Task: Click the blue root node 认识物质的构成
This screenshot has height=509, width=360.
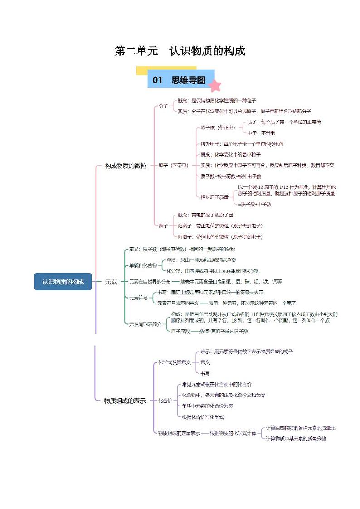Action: click(63, 282)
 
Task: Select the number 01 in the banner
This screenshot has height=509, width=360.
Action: click(157, 80)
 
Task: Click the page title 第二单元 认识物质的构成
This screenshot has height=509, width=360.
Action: click(180, 51)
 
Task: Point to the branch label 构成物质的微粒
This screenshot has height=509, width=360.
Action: click(126, 166)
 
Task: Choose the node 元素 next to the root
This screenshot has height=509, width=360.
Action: click(111, 282)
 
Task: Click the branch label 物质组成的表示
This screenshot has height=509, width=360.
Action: click(125, 401)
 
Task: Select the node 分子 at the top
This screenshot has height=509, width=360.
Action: click(163, 106)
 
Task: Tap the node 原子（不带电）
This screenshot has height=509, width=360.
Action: click(173, 166)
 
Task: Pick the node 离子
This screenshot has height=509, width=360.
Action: click(163, 225)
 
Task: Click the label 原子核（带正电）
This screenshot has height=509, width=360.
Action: click(218, 128)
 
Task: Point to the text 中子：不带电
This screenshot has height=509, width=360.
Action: click(261, 133)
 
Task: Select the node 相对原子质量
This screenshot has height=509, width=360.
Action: click(215, 197)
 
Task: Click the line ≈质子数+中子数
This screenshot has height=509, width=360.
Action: click(255, 204)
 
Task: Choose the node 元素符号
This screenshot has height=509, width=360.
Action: click(138, 298)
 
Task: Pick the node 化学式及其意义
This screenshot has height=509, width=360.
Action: click(174, 362)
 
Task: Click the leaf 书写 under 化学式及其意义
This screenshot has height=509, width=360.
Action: click(205, 373)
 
